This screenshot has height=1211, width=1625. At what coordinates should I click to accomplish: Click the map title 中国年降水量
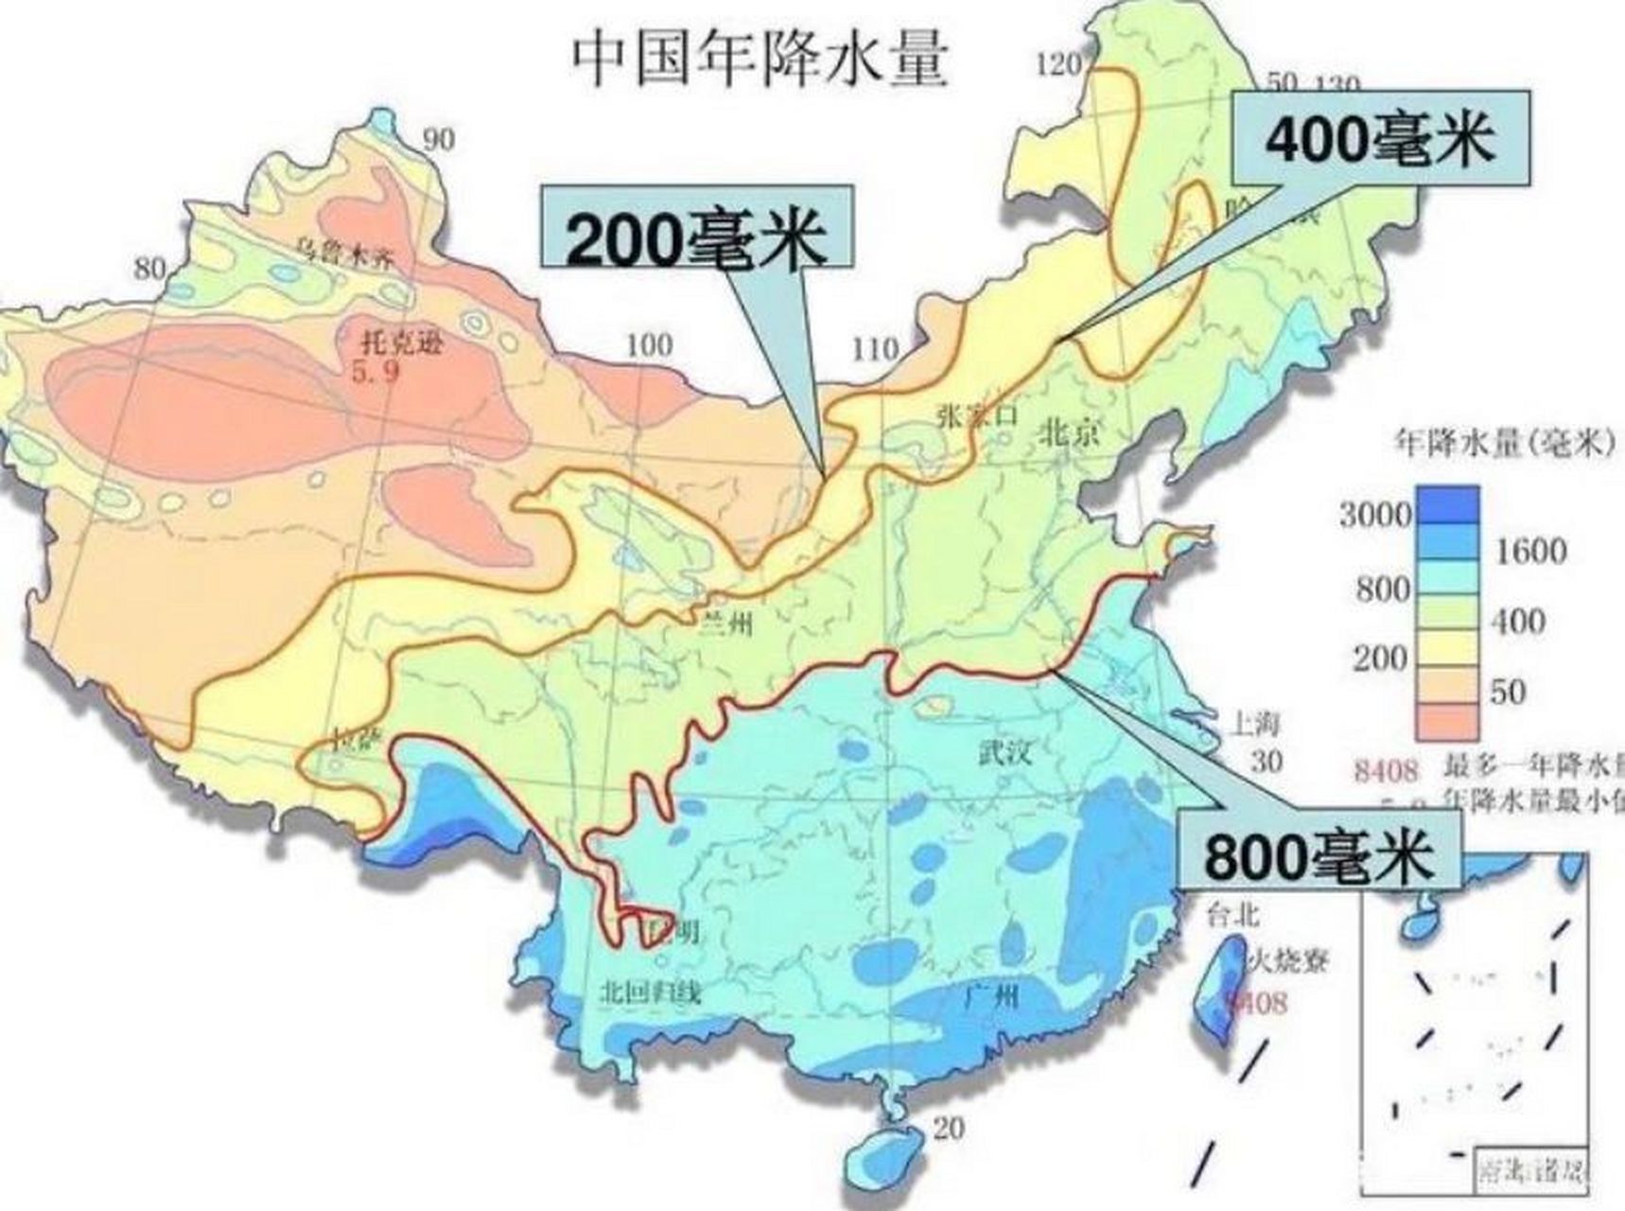pos(760,59)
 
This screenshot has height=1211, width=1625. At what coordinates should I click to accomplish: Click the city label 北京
pos(1071,432)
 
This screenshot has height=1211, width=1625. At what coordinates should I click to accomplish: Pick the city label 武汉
pos(1005,754)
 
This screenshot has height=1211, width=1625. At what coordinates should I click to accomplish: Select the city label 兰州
pos(726,623)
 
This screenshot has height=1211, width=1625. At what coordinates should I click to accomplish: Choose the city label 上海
pos(1255,724)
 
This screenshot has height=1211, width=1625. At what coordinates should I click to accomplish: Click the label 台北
pos(1232,914)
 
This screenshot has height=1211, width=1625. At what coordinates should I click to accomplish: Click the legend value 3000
pos(1374,515)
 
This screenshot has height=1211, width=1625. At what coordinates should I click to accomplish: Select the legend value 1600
pos(1529,551)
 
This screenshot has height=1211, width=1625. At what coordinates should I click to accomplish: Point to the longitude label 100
pos(649,345)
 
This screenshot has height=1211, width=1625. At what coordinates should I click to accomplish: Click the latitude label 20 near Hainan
pos(949,1128)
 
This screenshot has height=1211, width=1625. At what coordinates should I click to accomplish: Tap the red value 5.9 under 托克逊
pos(376,371)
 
